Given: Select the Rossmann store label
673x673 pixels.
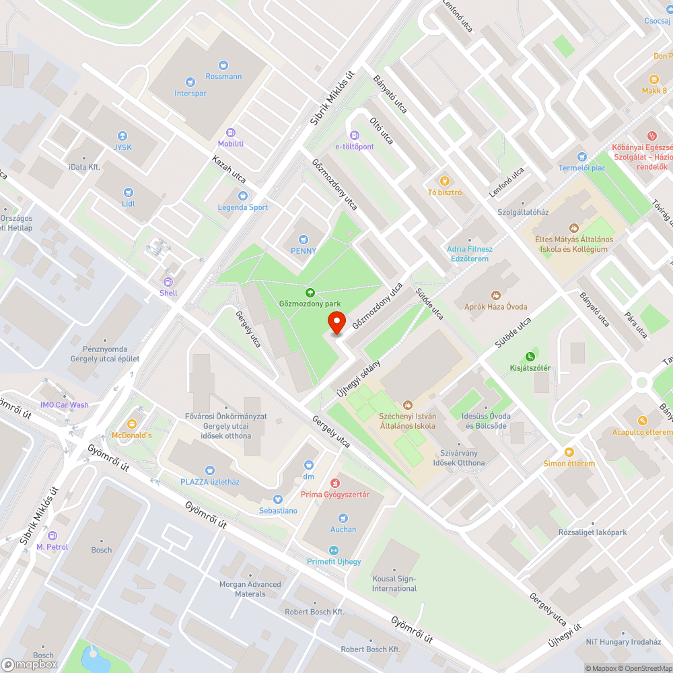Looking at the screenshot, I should (x=223, y=76).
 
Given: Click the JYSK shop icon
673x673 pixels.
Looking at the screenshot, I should (x=122, y=135).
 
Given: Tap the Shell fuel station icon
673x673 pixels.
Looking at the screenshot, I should (x=168, y=281).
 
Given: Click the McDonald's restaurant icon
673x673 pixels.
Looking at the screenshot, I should (x=132, y=424).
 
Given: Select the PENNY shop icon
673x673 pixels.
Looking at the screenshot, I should (x=304, y=239).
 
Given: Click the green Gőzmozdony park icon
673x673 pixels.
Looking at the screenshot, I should (x=310, y=292).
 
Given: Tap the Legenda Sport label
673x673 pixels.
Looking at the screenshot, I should (x=243, y=207).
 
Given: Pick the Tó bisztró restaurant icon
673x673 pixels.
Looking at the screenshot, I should (x=444, y=180).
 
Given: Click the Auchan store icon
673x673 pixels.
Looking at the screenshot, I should (x=343, y=518).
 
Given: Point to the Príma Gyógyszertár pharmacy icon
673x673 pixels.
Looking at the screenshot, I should (x=334, y=483).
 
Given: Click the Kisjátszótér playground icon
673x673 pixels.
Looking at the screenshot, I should (x=530, y=356).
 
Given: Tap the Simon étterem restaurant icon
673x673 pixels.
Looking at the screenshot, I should (x=569, y=452).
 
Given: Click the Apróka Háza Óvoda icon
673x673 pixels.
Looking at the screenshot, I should (x=496, y=295).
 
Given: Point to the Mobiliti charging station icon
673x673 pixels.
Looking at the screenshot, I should (x=231, y=133).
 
